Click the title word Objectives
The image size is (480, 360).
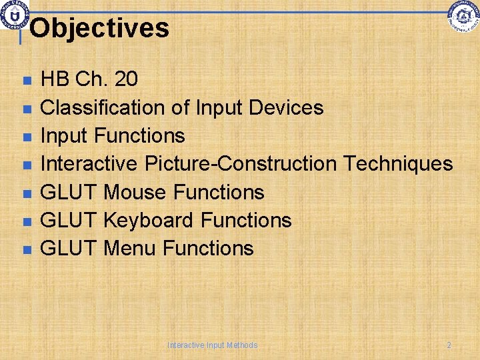click(99, 28)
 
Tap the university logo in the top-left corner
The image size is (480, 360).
click(13, 15)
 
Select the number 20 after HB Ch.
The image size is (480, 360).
click(126, 79)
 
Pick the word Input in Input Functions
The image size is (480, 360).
click(65, 135)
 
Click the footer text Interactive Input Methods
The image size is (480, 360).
click(213, 345)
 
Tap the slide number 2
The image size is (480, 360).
click(449, 345)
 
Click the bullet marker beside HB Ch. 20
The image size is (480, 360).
click(26, 81)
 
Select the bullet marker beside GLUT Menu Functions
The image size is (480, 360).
click(26, 249)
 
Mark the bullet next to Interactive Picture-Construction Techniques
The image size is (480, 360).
click(26, 165)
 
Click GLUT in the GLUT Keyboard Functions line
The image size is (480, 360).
click(69, 220)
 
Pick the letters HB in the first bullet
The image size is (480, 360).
click(55, 79)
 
